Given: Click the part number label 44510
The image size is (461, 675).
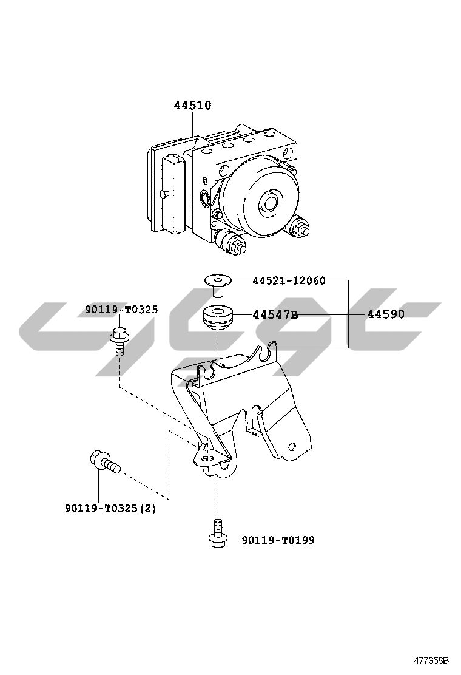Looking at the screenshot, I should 192,106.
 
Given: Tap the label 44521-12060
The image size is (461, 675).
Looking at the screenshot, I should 289,281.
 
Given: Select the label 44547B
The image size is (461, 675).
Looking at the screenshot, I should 275,315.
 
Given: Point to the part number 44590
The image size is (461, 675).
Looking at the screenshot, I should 386,314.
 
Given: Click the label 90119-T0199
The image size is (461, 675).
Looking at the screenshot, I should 278,540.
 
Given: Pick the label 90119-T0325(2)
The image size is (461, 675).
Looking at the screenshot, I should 110,509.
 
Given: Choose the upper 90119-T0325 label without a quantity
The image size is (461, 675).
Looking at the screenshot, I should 121,310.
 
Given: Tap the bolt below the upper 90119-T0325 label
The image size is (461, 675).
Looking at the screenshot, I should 118,341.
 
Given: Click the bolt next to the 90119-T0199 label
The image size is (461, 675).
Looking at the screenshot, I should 217,533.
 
